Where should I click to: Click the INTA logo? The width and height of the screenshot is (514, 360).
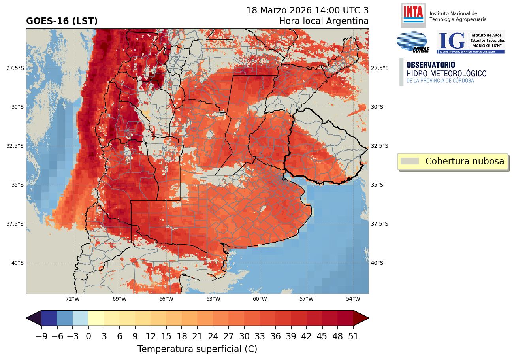point(413,15)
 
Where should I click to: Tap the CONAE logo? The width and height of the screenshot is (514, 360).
point(412,42)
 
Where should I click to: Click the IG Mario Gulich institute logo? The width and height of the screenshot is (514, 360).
point(470,42)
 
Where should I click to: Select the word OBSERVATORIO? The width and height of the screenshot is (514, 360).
point(431,65)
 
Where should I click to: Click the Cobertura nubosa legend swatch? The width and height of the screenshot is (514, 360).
point(409,161)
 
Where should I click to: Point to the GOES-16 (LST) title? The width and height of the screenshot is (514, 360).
point(62,21)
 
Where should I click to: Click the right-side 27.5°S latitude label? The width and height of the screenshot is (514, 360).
point(380,68)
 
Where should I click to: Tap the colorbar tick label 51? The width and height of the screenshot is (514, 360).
point(353,337)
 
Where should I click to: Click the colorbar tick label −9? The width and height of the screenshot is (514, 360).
point(41,337)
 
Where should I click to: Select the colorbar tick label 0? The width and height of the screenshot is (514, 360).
point(88,337)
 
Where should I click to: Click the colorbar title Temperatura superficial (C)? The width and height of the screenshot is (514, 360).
point(197,349)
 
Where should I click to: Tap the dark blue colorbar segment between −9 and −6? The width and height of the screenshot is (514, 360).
point(49,318)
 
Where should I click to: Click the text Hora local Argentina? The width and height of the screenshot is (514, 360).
point(324,21)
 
